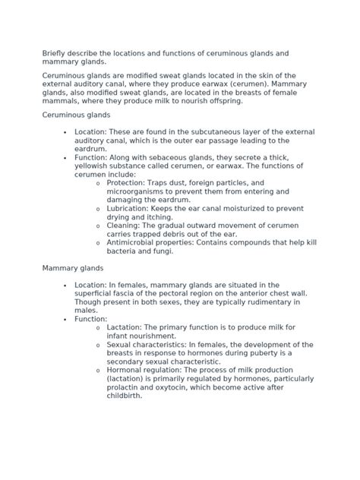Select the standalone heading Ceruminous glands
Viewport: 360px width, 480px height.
pyautogui.click(x=77, y=115)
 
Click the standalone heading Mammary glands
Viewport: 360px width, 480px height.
pyautogui.click(x=73, y=268)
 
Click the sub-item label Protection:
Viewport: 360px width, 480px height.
pyautogui.click(x=132, y=183)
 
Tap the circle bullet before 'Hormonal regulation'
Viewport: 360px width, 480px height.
pyautogui.click(x=98, y=371)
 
